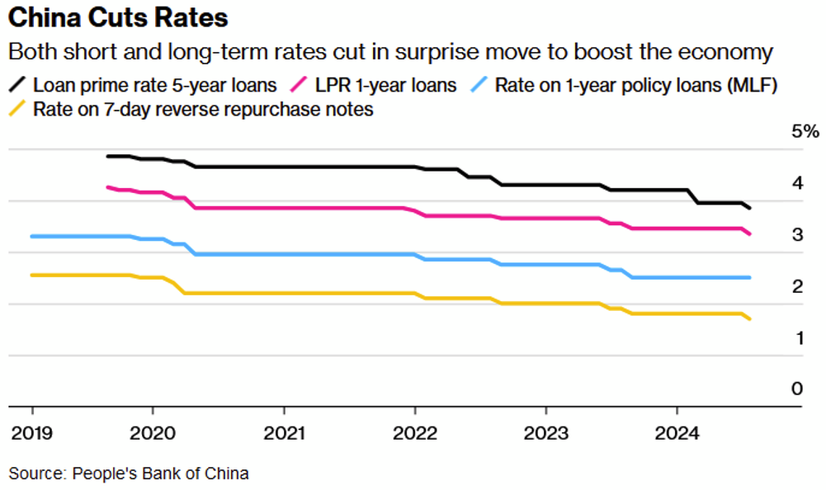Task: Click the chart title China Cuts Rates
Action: click(116, 17)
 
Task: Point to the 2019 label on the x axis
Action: click(32, 432)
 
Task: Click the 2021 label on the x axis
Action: click(284, 432)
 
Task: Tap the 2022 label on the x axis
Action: click(414, 432)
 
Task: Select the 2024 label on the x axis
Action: click(677, 432)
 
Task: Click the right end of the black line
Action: click(749, 208)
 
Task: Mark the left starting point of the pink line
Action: click(108, 187)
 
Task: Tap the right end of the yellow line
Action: click(749, 319)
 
